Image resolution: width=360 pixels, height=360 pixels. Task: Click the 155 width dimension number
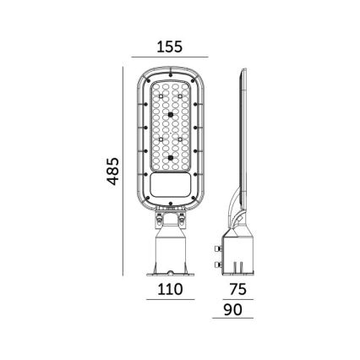[x=170, y=48]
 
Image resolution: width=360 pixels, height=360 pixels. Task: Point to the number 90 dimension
[x=233, y=310]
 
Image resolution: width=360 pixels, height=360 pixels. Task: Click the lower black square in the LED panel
[x=170, y=157]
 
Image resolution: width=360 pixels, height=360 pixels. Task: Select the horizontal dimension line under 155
[x=170, y=60]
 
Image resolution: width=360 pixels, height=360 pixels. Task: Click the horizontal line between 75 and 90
[x=234, y=300]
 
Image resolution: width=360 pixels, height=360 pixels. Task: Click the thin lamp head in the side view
[x=243, y=135]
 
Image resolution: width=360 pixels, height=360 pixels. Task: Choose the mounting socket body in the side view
[x=240, y=254]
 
